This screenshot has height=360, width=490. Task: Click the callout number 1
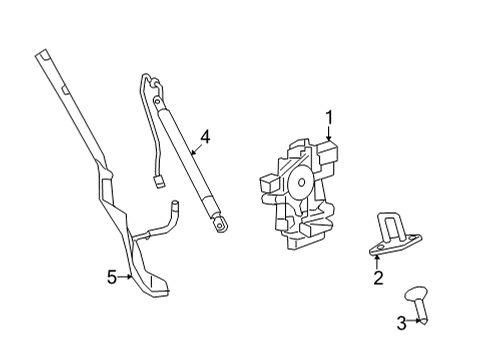coord(329,120)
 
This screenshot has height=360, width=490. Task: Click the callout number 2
coord(378,278)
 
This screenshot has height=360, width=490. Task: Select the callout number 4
coord(205,136)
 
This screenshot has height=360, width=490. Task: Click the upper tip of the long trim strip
coord(42,55)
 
